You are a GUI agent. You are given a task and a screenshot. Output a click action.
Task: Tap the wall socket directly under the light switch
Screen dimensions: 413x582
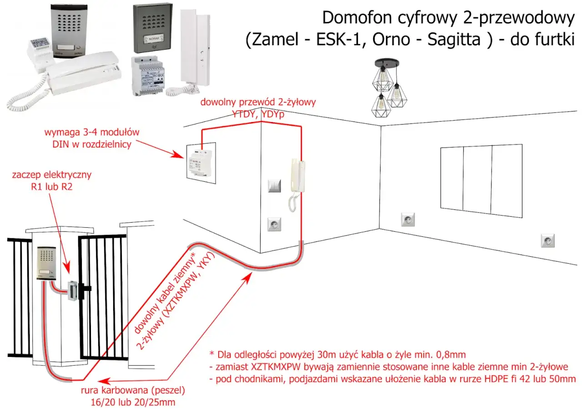275,224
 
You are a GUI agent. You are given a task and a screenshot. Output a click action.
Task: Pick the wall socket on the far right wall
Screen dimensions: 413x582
547,240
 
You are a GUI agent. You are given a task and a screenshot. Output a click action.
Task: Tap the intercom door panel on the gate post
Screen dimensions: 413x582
45,262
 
